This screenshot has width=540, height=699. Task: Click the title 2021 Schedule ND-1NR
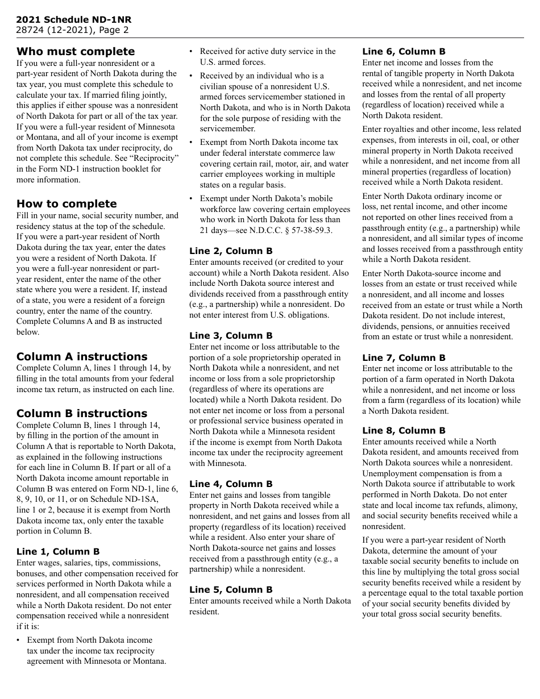73,20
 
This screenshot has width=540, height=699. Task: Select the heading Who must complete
76,52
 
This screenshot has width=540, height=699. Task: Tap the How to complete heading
67,204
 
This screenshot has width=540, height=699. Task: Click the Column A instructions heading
82,357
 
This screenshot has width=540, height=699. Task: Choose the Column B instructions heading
82,414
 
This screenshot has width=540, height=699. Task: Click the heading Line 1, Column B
58,552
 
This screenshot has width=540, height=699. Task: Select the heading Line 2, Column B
231,251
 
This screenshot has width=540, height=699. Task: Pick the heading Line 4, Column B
231,484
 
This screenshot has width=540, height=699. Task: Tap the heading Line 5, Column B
231,590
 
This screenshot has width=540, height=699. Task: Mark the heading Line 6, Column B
404,52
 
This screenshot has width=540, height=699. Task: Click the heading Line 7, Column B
404,358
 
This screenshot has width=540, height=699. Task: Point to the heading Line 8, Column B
404,431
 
